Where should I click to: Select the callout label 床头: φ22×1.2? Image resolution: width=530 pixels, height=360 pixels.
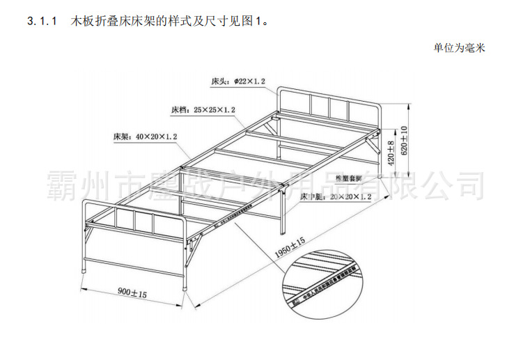tap(239, 81)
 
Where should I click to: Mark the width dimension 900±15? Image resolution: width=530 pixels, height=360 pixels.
tap(132, 293)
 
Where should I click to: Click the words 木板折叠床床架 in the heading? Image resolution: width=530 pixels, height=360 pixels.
tap(111, 23)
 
